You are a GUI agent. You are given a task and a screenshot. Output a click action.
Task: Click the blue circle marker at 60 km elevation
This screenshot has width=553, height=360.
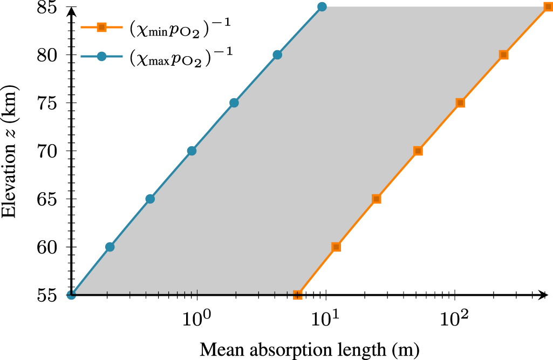110,247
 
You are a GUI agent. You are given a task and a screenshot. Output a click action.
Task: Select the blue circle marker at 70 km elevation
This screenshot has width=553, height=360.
192,151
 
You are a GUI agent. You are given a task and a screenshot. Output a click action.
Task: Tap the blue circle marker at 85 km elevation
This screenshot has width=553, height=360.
322,7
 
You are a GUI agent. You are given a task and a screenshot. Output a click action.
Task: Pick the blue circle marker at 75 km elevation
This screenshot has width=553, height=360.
234,103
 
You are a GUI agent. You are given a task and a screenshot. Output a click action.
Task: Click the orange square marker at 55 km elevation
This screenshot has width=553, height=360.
297,295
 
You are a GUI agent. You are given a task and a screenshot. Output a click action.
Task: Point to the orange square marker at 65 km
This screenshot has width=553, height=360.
377,199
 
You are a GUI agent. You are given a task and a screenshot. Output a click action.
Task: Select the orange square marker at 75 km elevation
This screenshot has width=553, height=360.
460,103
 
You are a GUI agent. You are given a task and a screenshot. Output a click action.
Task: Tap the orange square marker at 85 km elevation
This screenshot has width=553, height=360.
548,7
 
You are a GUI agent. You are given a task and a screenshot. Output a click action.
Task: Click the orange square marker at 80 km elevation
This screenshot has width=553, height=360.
503,55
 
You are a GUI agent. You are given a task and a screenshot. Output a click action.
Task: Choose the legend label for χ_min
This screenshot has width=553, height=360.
173,29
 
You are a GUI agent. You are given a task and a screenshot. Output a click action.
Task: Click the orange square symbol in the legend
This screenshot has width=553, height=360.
100,28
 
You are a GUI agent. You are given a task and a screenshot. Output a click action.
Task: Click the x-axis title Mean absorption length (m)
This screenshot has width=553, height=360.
310,349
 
